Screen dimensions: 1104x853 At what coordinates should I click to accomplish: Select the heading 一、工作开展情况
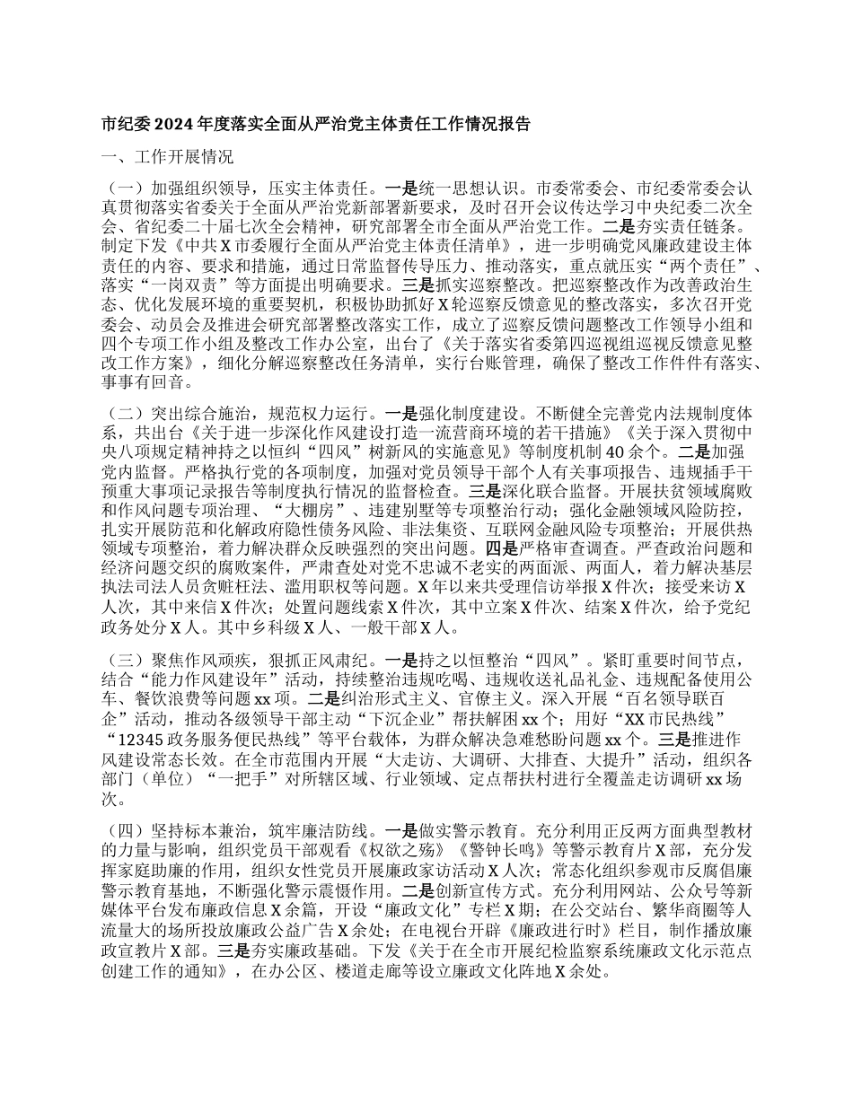(167, 158)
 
